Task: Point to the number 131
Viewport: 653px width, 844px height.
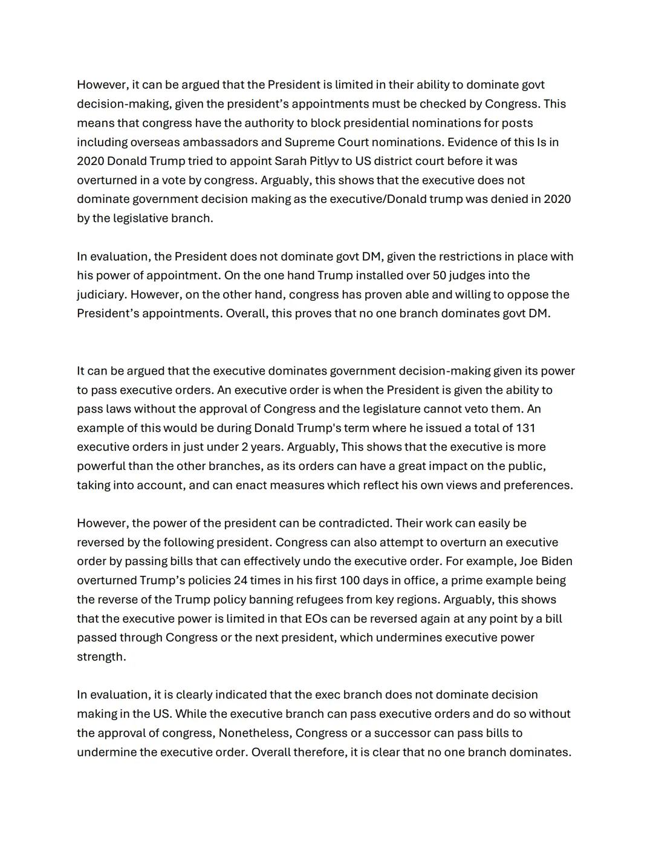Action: tap(525, 428)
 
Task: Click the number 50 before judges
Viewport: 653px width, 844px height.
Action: tap(440, 275)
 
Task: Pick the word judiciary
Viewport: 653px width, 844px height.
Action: tap(101, 295)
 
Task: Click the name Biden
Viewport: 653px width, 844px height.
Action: tap(556, 561)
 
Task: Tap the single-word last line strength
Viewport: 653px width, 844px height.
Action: tap(101, 657)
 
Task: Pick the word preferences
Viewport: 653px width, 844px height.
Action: tap(539, 485)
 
